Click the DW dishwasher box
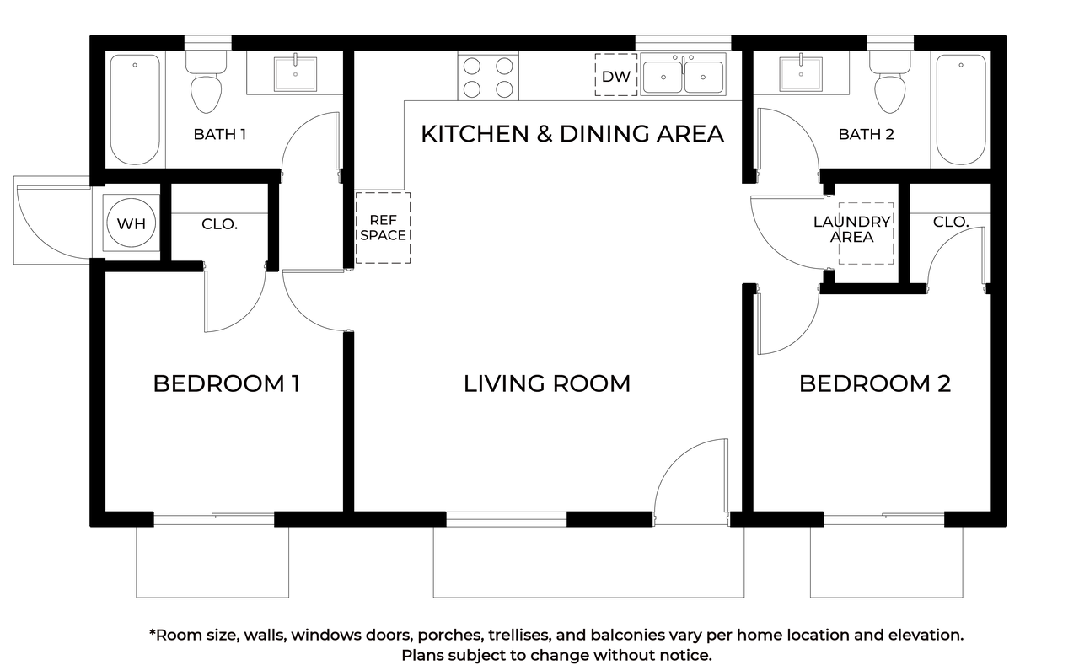[616, 75]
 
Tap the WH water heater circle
[131, 223]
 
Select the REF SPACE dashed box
[383, 228]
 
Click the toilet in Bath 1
[207, 82]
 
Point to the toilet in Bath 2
[890, 82]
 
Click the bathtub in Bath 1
[135, 110]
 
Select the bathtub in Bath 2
[961, 110]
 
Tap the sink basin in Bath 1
[295, 74]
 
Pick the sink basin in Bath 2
[801, 74]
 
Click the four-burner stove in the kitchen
[488, 77]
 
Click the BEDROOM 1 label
[227, 383]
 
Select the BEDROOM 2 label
[875, 383]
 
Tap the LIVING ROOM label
[547, 383]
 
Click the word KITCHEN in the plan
[475, 134]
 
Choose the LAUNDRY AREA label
[852, 229]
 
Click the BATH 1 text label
[220, 134]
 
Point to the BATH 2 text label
[866, 134]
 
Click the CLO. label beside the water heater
[220, 224]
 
